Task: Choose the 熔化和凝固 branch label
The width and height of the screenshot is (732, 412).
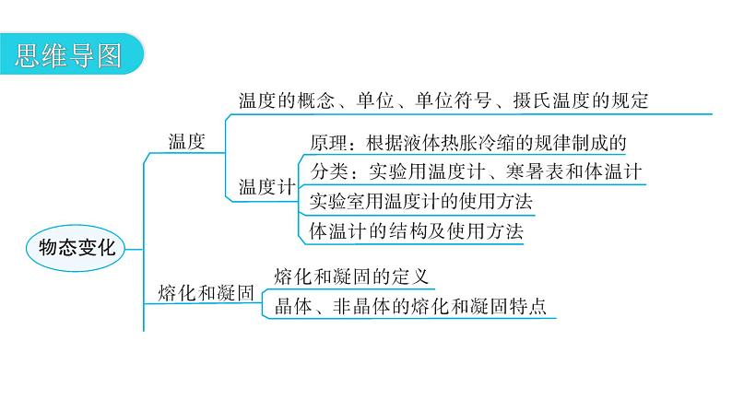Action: [205, 293]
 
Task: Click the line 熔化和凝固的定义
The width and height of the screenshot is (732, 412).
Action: [353, 276]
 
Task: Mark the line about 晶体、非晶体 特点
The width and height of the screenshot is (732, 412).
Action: [411, 307]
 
